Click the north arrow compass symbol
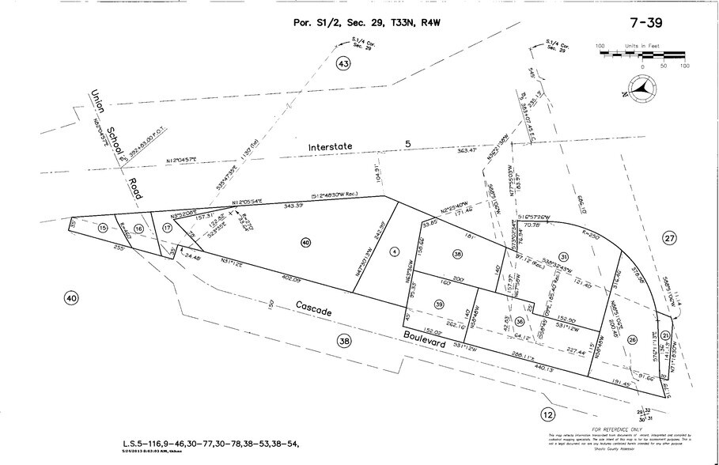coord(645,89)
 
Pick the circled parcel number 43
coord(342,65)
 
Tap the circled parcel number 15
coord(103,229)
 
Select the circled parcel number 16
coord(139,229)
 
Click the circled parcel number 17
coord(166,228)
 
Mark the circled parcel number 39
coord(439,304)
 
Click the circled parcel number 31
coord(564,256)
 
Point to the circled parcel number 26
coord(631,339)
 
